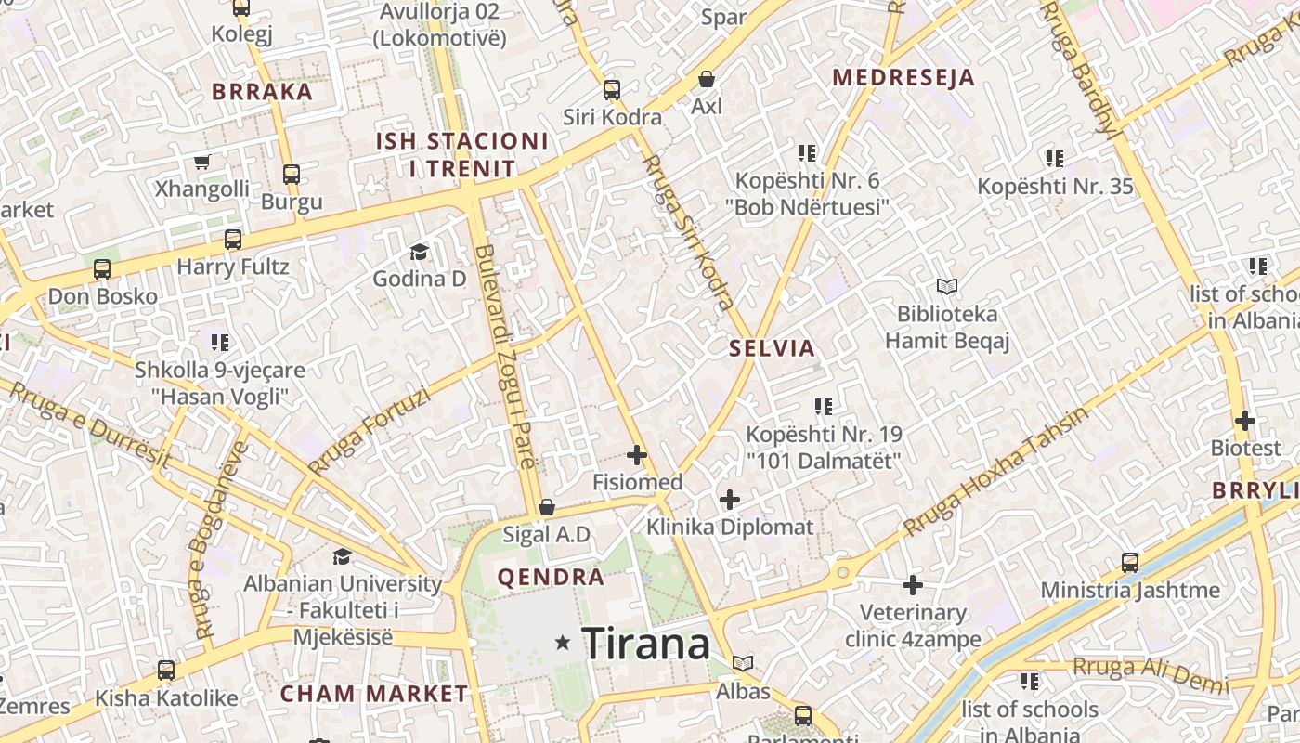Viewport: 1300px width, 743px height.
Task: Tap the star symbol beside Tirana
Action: [x=563, y=643]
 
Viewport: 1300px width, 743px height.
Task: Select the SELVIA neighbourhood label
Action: [x=772, y=349]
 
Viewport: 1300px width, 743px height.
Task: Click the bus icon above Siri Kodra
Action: [x=611, y=90]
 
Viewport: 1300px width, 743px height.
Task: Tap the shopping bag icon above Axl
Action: [x=707, y=79]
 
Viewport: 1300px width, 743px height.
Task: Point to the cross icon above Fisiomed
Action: [x=637, y=455]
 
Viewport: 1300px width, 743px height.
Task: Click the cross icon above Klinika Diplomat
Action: [x=730, y=500]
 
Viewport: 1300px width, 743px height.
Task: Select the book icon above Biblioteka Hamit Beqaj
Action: [x=946, y=286]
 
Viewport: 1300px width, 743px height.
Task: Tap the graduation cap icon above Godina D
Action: [x=419, y=252]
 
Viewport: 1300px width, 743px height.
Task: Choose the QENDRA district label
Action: [x=551, y=578]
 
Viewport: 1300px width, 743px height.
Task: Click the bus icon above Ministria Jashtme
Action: [x=1129, y=562]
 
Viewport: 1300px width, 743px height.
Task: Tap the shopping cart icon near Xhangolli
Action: [x=201, y=162]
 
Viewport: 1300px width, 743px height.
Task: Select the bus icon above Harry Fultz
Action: [x=232, y=240]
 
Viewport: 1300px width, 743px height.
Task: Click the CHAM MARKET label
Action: [x=374, y=694]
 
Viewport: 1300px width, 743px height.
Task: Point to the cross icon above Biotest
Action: [x=1245, y=421]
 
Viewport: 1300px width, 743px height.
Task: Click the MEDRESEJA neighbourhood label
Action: [x=903, y=78]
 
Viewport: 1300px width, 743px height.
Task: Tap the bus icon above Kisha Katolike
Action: [x=166, y=670]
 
